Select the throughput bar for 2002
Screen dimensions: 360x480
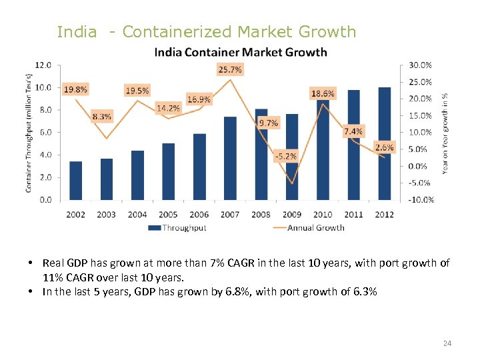click(76, 181)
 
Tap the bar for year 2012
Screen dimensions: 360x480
click(385, 143)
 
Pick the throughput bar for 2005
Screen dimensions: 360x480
click(168, 171)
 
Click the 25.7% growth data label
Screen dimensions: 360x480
click(230, 69)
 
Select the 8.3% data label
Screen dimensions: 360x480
click(102, 117)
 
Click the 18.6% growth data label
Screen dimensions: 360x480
click(323, 94)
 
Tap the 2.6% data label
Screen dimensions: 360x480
click(385, 147)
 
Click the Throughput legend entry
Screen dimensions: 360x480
click(177, 228)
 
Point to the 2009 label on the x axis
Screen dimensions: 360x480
click(292, 214)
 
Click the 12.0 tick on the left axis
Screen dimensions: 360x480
click(43, 65)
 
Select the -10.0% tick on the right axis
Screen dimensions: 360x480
click(420, 199)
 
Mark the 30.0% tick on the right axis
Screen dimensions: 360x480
click(420, 65)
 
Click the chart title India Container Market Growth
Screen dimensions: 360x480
click(241, 52)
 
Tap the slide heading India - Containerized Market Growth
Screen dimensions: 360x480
click(207, 31)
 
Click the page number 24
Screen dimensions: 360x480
click(447, 343)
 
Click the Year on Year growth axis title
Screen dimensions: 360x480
click(445, 133)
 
